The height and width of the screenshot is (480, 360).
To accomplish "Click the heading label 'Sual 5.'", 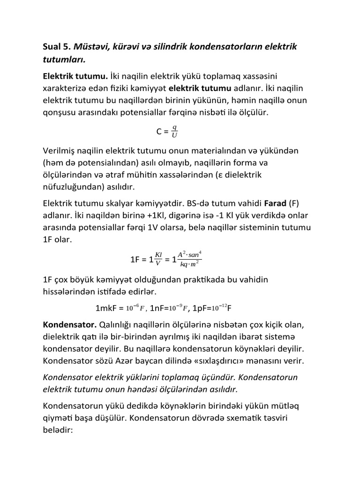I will (x=58, y=47).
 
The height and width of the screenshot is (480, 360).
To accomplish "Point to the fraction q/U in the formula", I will (x=174, y=132).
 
